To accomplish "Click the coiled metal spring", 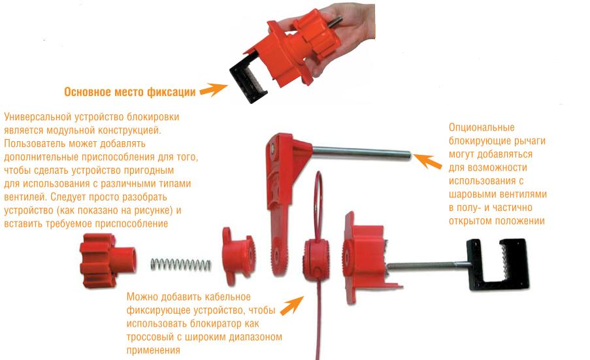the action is coord(181,264).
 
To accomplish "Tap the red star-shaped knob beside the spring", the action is coord(108,260).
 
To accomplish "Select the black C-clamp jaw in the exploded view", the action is coord(499,262).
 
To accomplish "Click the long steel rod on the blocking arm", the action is coord(361,153).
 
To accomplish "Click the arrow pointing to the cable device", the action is coord(291,305).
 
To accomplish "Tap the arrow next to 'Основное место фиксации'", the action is coord(214,90).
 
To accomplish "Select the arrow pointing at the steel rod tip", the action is coord(427,161).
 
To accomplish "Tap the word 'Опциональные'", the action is coord(482,127).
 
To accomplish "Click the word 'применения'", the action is coord(153,350).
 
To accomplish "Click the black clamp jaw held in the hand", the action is coord(248,80).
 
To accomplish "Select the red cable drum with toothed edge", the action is coord(316,260).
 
